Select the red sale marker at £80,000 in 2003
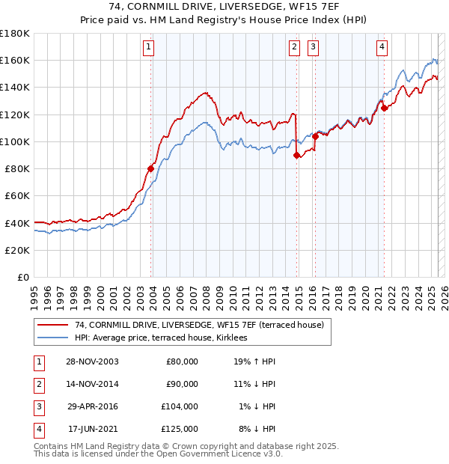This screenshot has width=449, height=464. tap(150, 169)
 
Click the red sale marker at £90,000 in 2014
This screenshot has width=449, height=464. tap(297, 155)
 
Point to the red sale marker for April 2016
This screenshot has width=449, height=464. tap(316, 136)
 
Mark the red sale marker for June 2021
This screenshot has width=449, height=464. tap(384, 108)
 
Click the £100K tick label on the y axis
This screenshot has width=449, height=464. tap(15, 141)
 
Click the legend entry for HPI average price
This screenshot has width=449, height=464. tap(165, 338)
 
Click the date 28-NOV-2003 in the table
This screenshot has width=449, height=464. tap(91, 361)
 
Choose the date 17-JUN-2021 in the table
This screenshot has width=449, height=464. tap(93, 430)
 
